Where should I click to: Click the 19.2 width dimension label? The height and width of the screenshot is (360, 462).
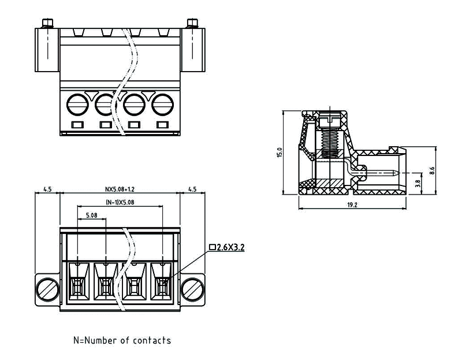click(x=352, y=205)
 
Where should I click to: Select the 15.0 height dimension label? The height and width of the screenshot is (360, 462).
click(x=280, y=153)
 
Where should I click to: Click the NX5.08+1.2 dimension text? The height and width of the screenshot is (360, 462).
click(x=119, y=189)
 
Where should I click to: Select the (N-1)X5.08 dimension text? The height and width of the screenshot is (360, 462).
click(x=120, y=202)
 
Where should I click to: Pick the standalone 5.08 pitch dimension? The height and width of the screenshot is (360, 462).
click(x=91, y=216)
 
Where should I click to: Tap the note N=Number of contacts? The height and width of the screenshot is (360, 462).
click(x=122, y=340)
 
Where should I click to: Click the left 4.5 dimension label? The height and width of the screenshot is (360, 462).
click(x=47, y=189)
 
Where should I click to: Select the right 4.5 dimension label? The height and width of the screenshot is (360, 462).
click(x=192, y=189)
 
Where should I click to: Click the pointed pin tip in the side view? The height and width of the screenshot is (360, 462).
click(x=394, y=172)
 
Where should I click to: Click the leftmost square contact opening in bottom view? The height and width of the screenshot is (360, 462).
click(x=77, y=284)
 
